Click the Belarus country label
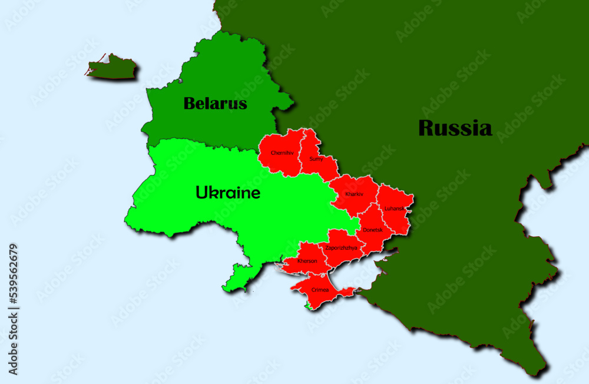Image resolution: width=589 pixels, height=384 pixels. click(215, 104)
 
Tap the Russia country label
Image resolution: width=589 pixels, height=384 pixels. click(455, 128)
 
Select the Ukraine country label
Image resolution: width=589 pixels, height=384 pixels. click(227, 193)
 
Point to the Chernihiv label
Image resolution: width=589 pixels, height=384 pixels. click(282, 153)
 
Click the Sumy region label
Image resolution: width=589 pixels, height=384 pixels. click(316, 158)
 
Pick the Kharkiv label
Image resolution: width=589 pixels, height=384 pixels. click(354, 194)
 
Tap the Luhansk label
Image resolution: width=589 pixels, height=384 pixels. click(394, 208)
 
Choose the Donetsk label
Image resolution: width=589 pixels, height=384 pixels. click(372, 230)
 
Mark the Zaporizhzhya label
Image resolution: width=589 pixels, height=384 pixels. click(341, 248)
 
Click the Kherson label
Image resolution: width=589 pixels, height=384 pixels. click(307, 261)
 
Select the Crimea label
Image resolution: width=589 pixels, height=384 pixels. click(320, 290)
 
